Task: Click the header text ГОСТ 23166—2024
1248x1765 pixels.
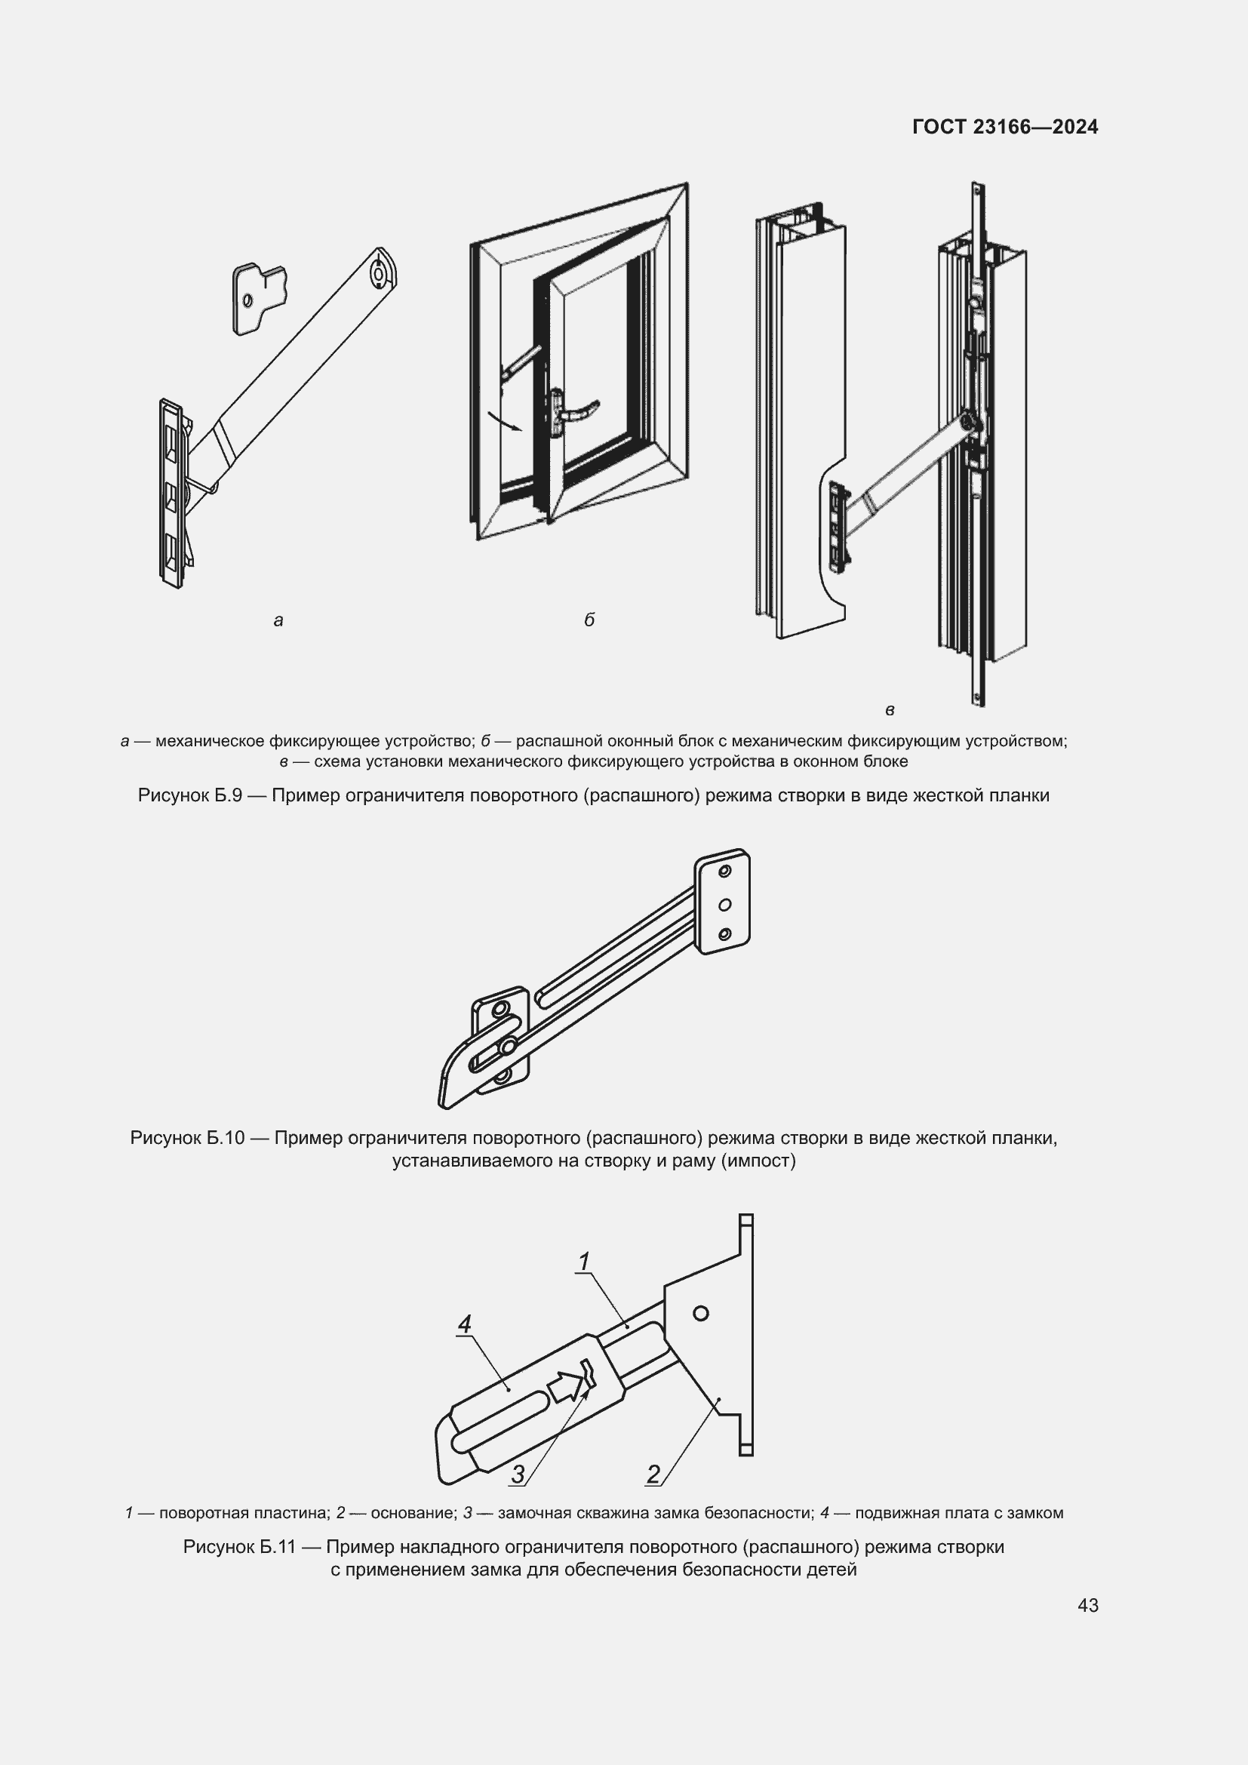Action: click(x=1005, y=127)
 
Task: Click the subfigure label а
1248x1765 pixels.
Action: click(x=278, y=620)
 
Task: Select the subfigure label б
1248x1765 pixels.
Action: click(x=589, y=620)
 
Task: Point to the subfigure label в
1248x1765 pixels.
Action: click(x=890, y=710)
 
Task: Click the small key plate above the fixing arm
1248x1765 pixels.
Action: click(x=260, y=298)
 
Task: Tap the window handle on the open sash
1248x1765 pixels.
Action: click(x=570, y=413)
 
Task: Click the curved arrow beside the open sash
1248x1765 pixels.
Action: click(x=504, y=421)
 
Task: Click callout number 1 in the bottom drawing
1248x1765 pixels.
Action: click(x=584, y=1262)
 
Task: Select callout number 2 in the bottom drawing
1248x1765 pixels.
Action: click(x=653, y=1474)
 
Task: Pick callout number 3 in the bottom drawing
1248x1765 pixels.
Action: click(x=518, y=1474)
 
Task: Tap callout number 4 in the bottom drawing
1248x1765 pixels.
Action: click(x=464, y=1324)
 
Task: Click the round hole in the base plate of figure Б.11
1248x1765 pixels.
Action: click(x=700, y=1313)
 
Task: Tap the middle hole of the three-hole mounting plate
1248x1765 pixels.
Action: click(x=724, y=905)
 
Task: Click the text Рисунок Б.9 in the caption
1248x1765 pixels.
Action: click(x=190, y=795)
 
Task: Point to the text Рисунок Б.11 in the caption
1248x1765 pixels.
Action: click(x=240, y=1546)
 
